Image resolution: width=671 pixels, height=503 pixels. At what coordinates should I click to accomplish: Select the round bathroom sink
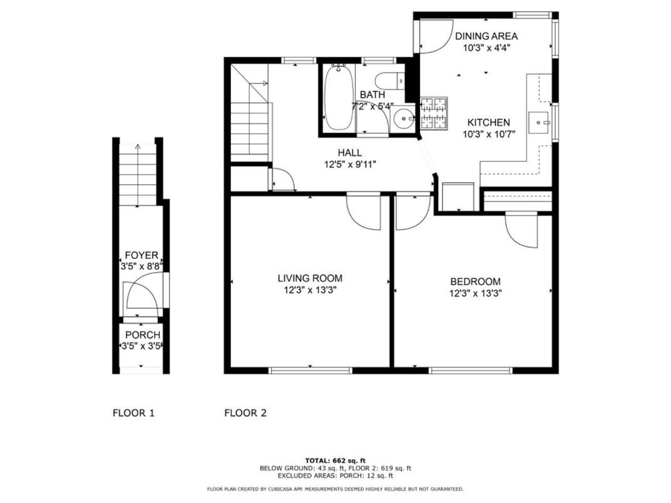[x=404, y=118]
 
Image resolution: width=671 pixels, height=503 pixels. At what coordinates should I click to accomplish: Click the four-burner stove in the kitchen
[x=433, y=114]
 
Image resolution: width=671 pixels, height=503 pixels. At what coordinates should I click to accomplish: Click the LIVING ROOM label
[x=310, y=278]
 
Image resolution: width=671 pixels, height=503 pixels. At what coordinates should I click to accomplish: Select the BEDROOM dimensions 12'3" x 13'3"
[x=475, y=292]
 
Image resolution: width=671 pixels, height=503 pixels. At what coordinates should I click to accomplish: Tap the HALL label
[x=349, y=153]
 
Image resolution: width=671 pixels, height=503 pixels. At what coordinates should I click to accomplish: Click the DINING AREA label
[x=486, y=36]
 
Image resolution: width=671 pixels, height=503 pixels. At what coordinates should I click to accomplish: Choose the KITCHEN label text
[x=486, y=123]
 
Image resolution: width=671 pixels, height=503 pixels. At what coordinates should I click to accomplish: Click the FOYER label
[x=141, y=255]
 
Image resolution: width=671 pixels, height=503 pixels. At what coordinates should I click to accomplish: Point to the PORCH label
[x=142, y=335]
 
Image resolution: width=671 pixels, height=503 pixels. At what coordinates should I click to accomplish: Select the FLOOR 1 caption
[x=133, y=413]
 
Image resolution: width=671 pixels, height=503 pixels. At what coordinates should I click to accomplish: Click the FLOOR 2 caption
[x=245, y=413]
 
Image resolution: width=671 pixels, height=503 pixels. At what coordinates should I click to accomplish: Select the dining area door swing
[x=433, y=36]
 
